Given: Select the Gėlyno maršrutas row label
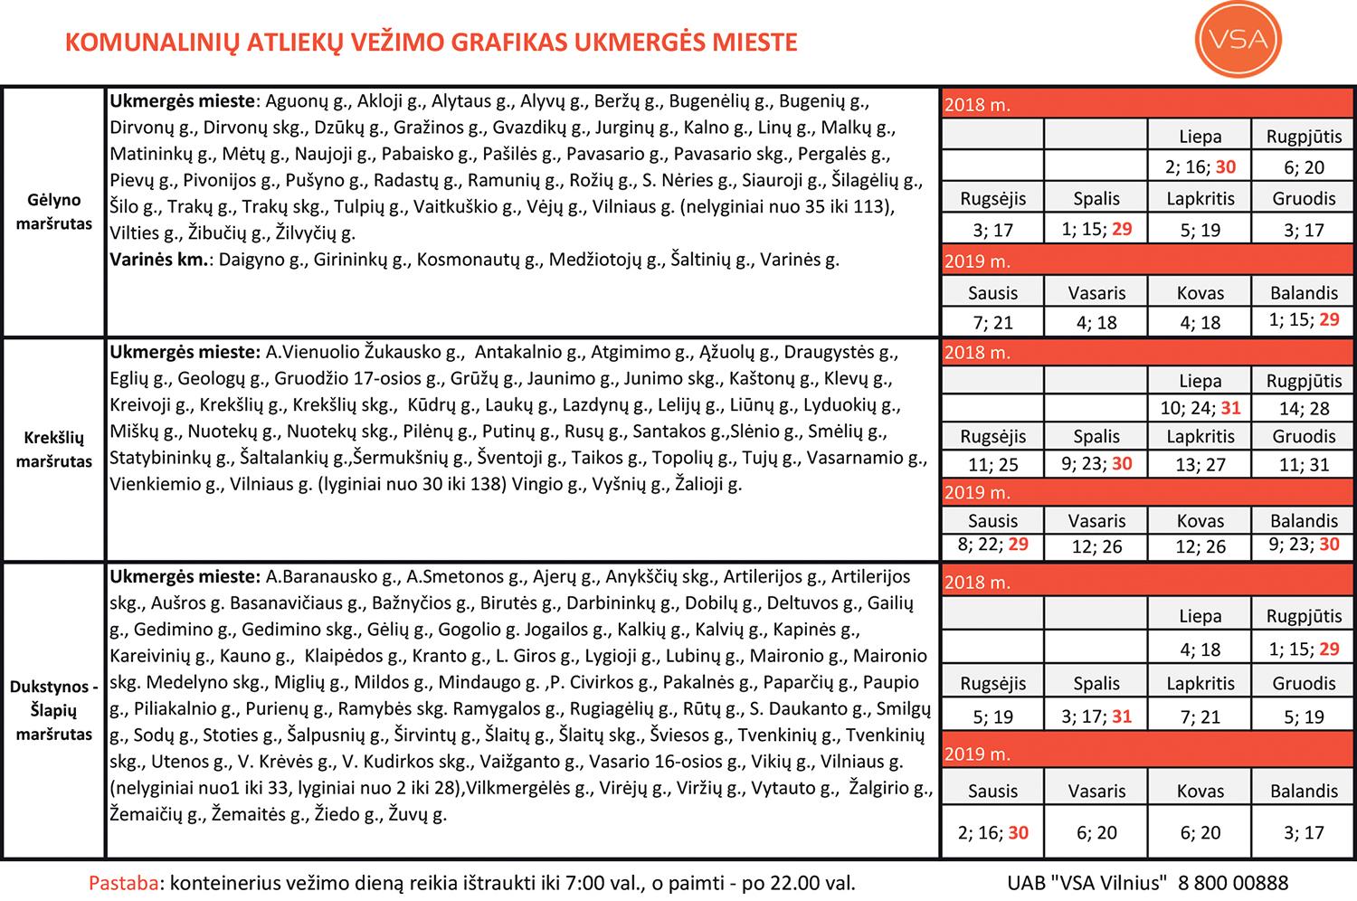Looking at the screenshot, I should pyautogui.click(x=54, y=212).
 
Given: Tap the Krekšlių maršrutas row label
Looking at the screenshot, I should pyautogui.click(x=54, y=450).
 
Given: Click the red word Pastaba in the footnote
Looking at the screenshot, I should pyautogui.click(x=123, y=882).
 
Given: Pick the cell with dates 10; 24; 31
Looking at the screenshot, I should pyautogui.click(x=1200, y=408).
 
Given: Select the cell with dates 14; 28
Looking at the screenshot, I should pyautogui.click(x=1304, y=408).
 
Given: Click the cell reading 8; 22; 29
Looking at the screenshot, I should pyautogui.click(x=992, y=546).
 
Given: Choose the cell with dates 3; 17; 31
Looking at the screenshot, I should pyautogui.click(x=1096, y=716).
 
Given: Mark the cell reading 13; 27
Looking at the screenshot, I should pyautogui.click(x=1200, y=464).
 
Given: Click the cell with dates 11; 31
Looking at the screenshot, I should pyautogui.click(x=1304, y=464).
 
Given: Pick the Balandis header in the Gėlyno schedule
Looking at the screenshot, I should pyautogui.click(x=1304, y=293).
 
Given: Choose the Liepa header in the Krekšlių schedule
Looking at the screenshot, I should pyautogui.click(x=1200, y=381).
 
